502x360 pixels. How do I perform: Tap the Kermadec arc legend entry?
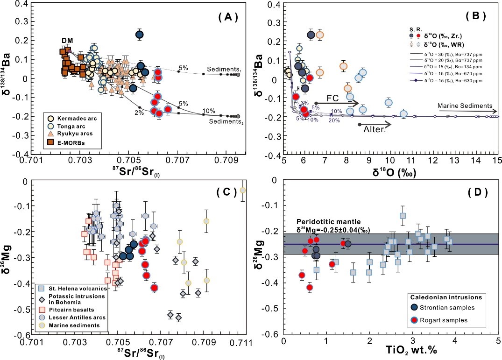coord(77,119)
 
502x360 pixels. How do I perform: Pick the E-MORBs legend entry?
coord(75,141)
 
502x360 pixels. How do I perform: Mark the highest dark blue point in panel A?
coord(139,34)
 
